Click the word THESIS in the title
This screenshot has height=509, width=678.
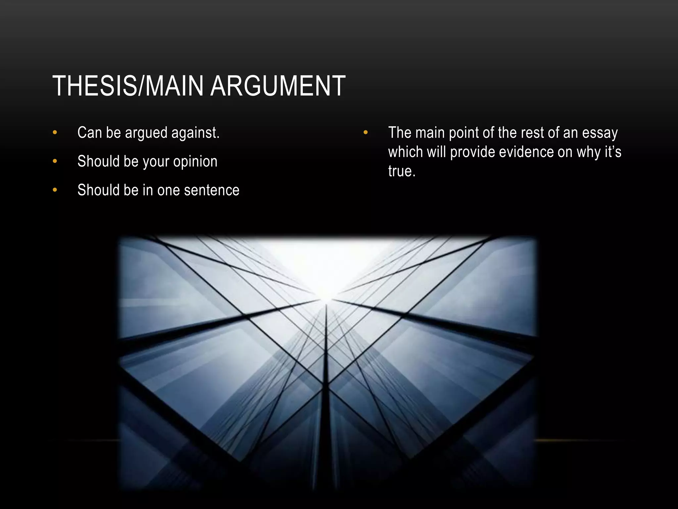[94, 86]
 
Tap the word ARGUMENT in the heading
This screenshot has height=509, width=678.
[278, 86]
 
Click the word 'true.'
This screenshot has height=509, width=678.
[402, 171]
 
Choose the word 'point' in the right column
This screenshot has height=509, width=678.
[463, 133]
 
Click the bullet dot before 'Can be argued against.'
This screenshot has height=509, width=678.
[55, 133]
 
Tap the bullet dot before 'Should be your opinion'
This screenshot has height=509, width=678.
[55, 161]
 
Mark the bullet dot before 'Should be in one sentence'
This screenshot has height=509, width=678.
[55, 190]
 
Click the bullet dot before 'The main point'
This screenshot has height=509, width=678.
[365, 133]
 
